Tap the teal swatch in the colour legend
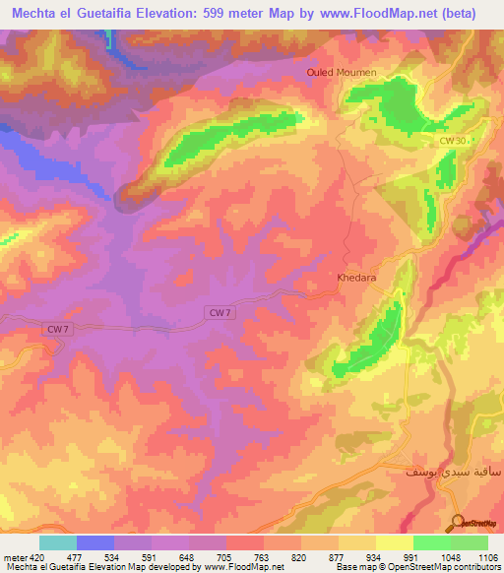pyautogui.click(x=57, y=542)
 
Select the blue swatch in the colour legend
pyautogui.click(x=94, y=542)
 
